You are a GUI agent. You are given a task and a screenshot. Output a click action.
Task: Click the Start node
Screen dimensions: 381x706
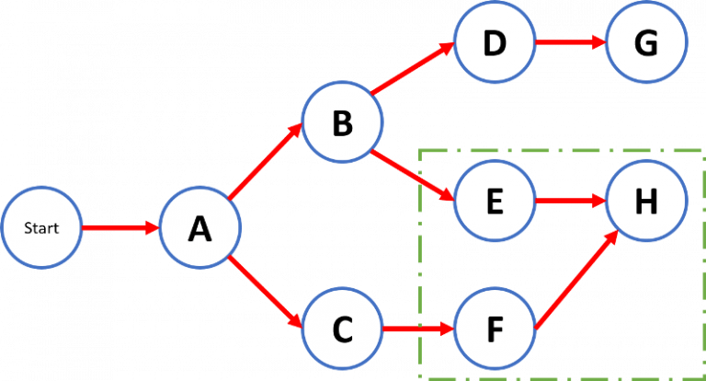(42, 227)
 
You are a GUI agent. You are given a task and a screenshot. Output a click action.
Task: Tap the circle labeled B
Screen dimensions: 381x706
(342, 122)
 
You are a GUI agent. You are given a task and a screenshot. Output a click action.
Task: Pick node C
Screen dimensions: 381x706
(342, 328)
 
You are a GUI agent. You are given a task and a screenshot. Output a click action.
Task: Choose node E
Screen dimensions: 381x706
(494, 201)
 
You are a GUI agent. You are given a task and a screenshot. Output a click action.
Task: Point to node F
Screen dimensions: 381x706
(494, 328)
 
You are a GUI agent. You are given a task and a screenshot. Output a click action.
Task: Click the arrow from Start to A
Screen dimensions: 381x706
(120, 227)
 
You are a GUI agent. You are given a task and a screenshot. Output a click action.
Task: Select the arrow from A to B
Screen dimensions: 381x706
(267, 162)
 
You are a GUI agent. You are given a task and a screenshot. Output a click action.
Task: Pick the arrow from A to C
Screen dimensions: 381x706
(267, 294)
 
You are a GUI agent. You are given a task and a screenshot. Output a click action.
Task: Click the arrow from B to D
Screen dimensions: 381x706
(414, 68)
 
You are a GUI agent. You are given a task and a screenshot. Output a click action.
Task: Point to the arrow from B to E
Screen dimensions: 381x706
(414, 175)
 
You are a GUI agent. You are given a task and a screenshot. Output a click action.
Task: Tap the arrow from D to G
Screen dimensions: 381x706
(569, 41)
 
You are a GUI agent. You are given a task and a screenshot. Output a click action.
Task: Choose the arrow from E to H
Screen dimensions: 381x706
(569, 200)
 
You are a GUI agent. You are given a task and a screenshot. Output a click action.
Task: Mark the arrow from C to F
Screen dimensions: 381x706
(417, 328)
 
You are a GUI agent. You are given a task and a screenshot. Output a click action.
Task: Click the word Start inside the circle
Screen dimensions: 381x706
(42, 227)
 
